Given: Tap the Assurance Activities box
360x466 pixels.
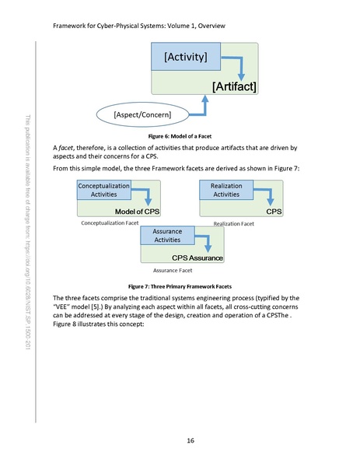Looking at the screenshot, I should pos(167,237).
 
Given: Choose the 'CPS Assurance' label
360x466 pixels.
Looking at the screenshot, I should pos(197,258).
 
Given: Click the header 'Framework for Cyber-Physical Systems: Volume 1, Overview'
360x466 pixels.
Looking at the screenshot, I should pos(138,26).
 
